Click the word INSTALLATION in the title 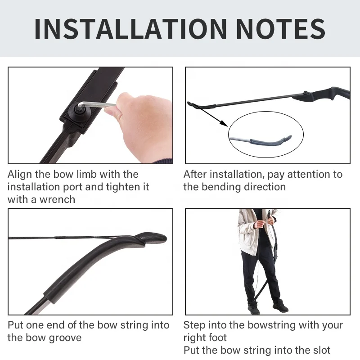pos(130,29)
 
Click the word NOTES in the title pos(280,29)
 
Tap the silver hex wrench pos(96,105)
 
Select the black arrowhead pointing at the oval pos(223,123)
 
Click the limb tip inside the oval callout pos(271,140)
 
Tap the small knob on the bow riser pos(306,93)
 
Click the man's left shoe pos(280,306)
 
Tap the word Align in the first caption pos(20,175)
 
